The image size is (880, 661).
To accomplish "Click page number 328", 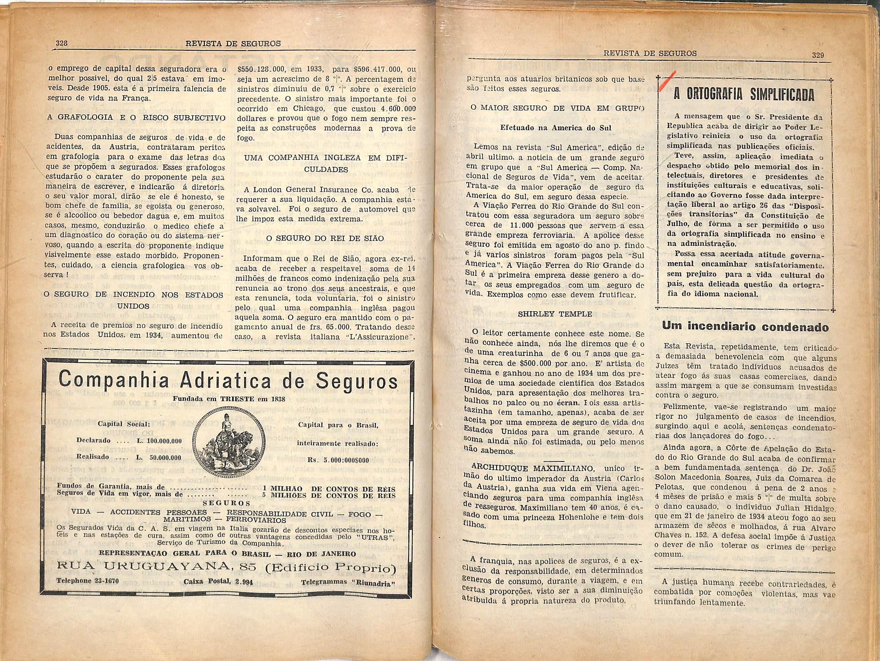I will pyautogui.click(x=61, y=43).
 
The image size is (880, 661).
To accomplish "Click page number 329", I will pyautogui.click(x=818, y=55).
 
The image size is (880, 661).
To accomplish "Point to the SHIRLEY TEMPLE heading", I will pyautogui.click(x=554, y=314).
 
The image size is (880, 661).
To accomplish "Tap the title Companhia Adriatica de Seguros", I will pyautogui.click(x=228, y=380).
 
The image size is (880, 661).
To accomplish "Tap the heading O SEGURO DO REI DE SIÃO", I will pyautogui.click(x=325, y=238).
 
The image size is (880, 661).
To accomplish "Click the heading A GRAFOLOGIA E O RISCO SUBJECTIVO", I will pyautogui.click(x=136, y=118).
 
